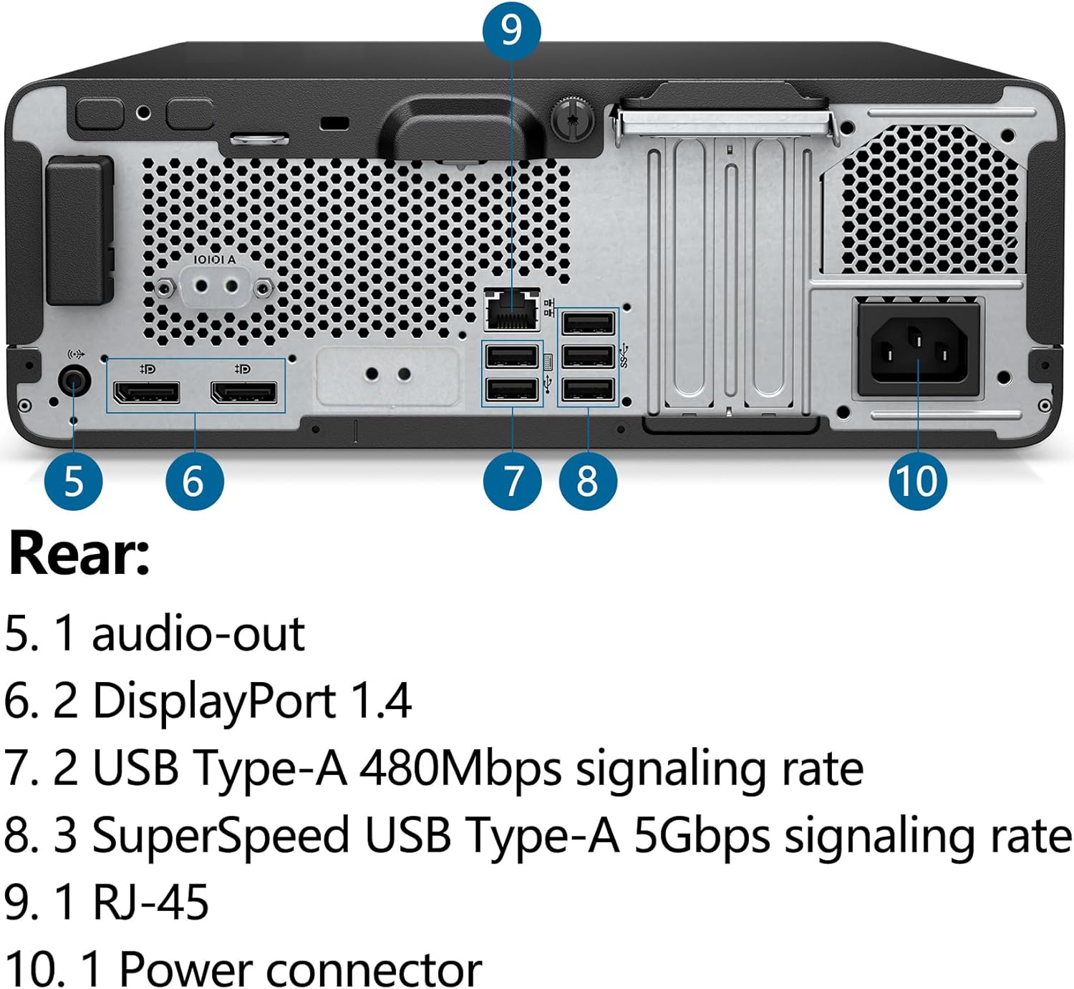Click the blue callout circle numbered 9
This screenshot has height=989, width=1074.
click(x=511, y=30)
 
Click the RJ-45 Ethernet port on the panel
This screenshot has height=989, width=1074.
click(x=511, y=309)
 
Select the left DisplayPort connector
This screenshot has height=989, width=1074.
click(x=146, y=392)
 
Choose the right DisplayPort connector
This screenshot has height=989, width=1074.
click(x=243, y=392)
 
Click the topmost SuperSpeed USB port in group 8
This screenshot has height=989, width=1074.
click(x=588, y=323)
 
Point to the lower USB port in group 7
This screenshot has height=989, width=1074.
click(x=511, y=389)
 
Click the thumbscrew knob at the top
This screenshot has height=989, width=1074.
click(x=574, y=118)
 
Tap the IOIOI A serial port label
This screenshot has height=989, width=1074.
click(x=214, y=259)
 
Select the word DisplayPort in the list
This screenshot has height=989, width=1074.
click(x=214, y=701)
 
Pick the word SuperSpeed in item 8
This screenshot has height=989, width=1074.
click(x=221, y=835)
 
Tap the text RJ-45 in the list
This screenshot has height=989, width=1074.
click(x=151, y=902)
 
